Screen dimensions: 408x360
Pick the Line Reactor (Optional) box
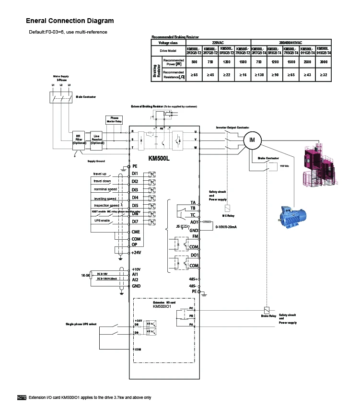pyautogui.click(x=97, y=139)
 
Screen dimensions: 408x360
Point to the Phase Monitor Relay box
pyautogui.click(x=114, y=119)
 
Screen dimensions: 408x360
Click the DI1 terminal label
pyautogui.click(x=135, y=173)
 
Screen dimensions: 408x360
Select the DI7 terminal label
pyautogui.click(x=135, y=221)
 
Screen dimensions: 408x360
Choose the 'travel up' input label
pyautogui.click(x=100, y=174)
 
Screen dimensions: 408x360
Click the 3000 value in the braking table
pyautogui.click(x=324, y=62)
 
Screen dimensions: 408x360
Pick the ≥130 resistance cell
pyautogui.click(x=258, y=75)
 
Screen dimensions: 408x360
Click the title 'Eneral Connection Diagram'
pyautogui.click(x=70, y=21)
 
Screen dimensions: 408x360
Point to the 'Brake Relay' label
pyautogui.click(x=268, y=316)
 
